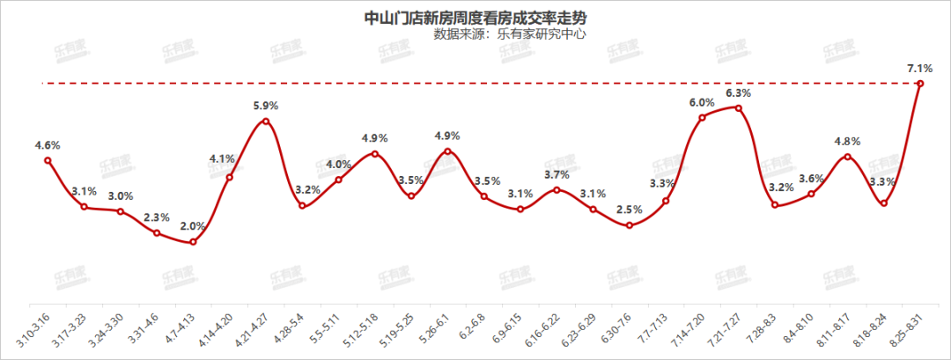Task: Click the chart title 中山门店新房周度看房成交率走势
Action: pyautogui.click(x=475, y=17)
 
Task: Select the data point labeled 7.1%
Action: pyautogui.click(x=920, y=84)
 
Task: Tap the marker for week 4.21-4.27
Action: pyautogui.click(x=266, y=121)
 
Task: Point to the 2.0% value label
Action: pyautogui.click(x=193, y=225)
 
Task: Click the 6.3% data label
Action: pyautogui.click(x=738, y=92)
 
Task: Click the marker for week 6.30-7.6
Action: pyautogui.click(x=629, y=225)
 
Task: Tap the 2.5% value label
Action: pyautogui.click(x=629, y=209)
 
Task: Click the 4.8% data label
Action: pyautogui.click(x=847, y=141)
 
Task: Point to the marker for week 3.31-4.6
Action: pyautogui.click(x=157, y=233)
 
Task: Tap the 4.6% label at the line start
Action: pyautogui.click(x=48, y=144)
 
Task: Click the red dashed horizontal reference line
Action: pyautogui.click(x=440, y=84)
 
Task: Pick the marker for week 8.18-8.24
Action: pyautogui.click(x=883, y=203)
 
